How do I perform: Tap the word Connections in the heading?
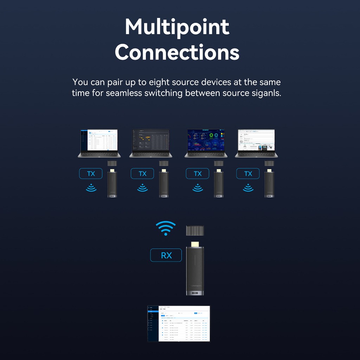177,53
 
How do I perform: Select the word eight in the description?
162,82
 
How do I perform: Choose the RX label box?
166,255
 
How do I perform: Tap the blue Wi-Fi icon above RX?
166,228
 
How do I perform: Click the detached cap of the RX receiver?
195,231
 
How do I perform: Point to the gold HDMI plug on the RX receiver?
195,244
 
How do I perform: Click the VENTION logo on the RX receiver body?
195,285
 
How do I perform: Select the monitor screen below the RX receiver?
179,323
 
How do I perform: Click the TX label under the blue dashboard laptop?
198,173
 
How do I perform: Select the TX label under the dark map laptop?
142,173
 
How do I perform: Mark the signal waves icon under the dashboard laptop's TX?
198,188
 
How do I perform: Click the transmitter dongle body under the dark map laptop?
164,185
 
